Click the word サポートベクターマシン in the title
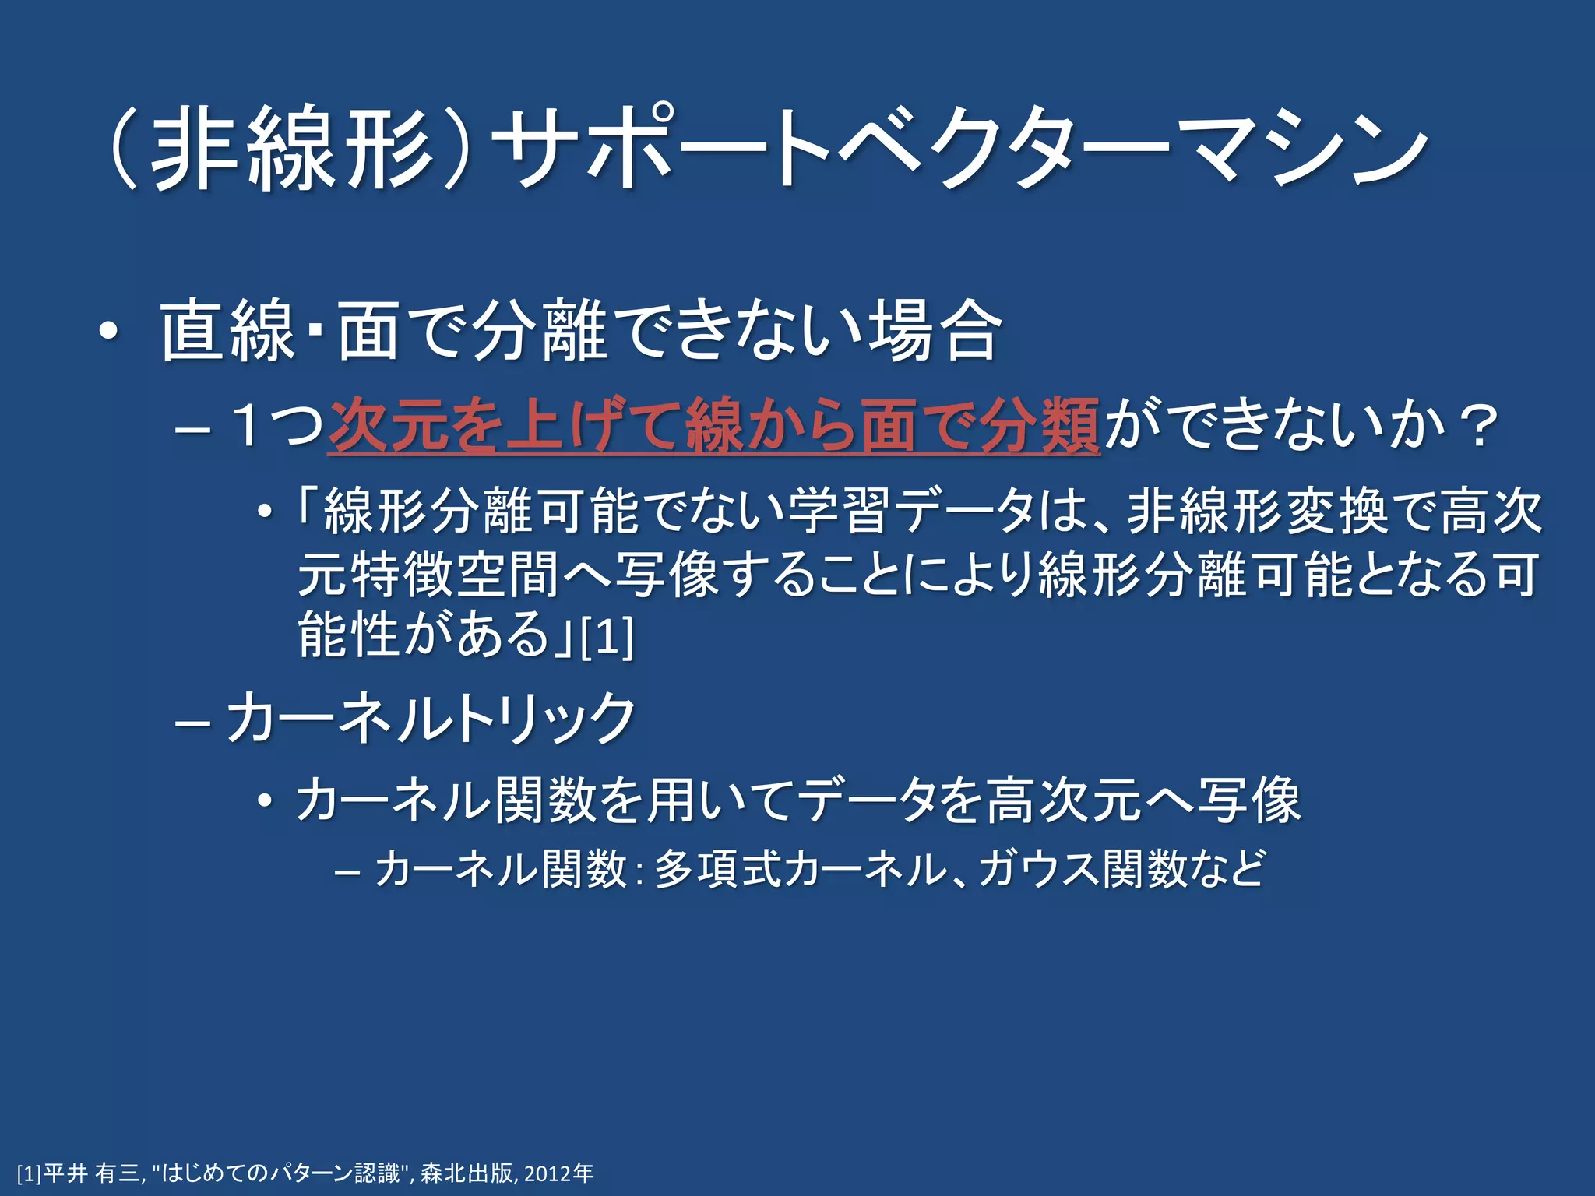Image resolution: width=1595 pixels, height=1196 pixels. click(x=962, y=148)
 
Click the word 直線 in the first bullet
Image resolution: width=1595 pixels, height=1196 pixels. click(x=227, y=331)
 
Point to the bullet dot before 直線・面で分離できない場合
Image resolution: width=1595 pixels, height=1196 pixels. click(x=109, y=333)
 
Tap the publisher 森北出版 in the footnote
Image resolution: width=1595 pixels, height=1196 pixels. click(x=467, y=1173)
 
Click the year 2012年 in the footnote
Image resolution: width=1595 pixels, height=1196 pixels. click(x=558, y=1173)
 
